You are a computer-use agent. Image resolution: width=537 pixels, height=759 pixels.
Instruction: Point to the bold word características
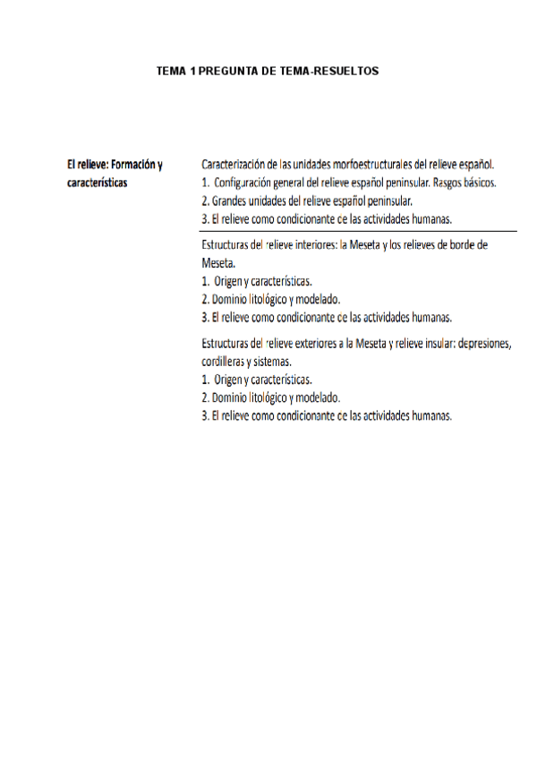point(98,183)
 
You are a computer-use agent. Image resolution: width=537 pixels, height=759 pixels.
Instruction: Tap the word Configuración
point(250,183)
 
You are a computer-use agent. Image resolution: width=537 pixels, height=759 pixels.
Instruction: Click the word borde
point(454,245)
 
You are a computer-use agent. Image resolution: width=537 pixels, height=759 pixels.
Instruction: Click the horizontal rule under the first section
point(350,231)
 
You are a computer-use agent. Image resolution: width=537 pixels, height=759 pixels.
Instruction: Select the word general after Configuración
point(307,183)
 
